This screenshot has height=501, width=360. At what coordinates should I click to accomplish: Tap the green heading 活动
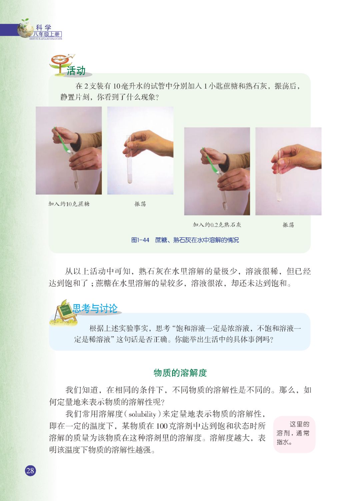point(76,71)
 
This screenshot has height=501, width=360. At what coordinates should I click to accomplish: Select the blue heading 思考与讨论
point(95,309)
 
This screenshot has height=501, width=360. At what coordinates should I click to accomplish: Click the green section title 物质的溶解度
point(180,373)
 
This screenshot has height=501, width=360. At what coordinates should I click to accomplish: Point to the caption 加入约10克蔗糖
point(69,204)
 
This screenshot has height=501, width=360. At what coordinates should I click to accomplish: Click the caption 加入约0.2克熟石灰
point(217,225)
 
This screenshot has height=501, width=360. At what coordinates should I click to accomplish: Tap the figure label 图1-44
point(140,240)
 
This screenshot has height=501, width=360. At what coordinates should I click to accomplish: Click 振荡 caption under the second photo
point(140,204)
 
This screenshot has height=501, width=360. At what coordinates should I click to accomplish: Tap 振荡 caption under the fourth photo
point(288,225)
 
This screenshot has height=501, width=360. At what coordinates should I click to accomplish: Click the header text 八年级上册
point(47,34)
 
